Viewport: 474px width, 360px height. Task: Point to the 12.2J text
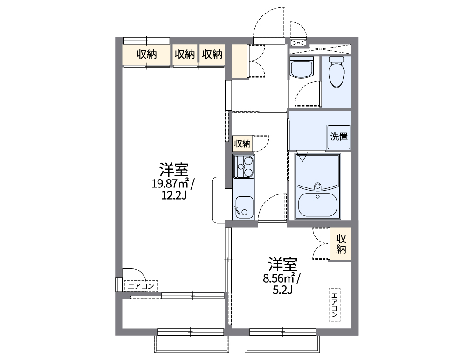[174, 195]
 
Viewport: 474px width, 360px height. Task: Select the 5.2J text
[282, 291]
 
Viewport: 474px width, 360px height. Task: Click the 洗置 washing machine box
[339, 137]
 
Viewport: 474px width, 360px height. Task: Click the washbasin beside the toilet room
[302, 69]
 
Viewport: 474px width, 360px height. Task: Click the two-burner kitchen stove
[244, 167]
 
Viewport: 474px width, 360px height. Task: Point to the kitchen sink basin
[244, 206]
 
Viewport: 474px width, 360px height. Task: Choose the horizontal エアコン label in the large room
[141, 286]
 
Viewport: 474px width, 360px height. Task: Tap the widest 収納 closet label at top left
[146, 55]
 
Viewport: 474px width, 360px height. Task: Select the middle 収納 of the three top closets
[185, 55]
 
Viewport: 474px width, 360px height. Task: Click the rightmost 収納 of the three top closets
[212, 55]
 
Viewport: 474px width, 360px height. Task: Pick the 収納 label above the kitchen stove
[242, 144]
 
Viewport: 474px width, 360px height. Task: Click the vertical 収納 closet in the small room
[341, 243]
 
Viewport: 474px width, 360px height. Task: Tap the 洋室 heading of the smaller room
[282, 265]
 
